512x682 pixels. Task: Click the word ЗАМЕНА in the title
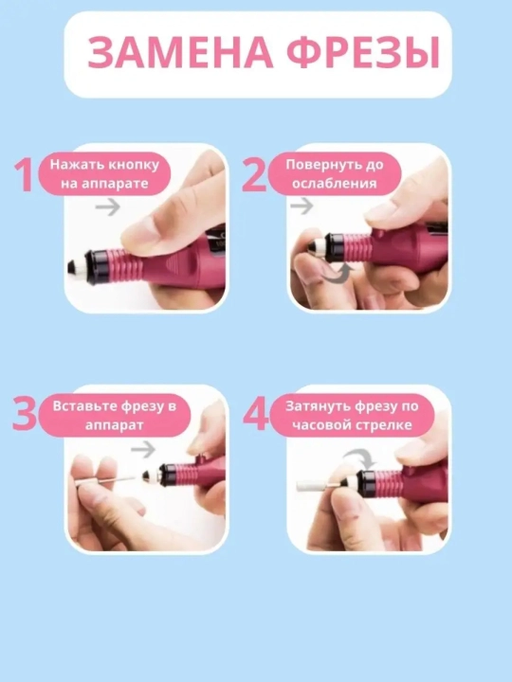click(180, 53)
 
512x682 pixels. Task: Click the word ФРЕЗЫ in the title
click(364, 53)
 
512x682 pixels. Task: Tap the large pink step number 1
click(24, 175)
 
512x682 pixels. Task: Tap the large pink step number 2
click(254, 175)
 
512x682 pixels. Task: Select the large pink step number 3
click(25, 414)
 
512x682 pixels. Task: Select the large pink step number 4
click(256, 415)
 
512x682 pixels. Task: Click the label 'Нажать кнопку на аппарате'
click(104, 174)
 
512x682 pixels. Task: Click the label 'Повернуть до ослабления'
click(335, 174)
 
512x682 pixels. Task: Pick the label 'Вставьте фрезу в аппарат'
click(115, 416)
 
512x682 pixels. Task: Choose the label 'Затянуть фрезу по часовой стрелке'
click(352, 416)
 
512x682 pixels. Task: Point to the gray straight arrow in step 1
click(108, 206)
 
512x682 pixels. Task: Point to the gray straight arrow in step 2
click(302, 206)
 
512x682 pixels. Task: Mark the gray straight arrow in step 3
click(144, 449)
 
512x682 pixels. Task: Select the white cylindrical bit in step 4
click(316, 485)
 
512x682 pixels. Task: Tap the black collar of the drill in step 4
click(365, 484)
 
